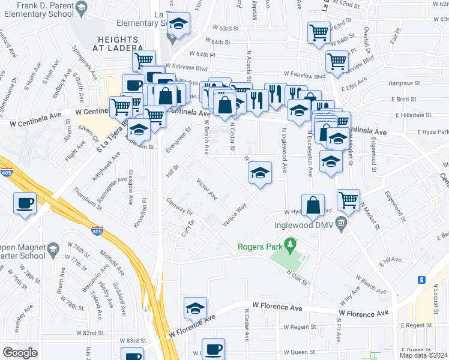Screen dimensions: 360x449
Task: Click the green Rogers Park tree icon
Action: point(291,245)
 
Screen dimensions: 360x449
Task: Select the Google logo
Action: point(20,353)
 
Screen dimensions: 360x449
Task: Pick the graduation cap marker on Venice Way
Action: point(261,173)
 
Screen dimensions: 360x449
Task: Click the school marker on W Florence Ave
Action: point(195,308)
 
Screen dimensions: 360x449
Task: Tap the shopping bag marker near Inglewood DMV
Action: point(313,206)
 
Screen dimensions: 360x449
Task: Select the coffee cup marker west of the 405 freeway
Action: point(25,203)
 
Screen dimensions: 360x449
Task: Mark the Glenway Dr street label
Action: point(179,208)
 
